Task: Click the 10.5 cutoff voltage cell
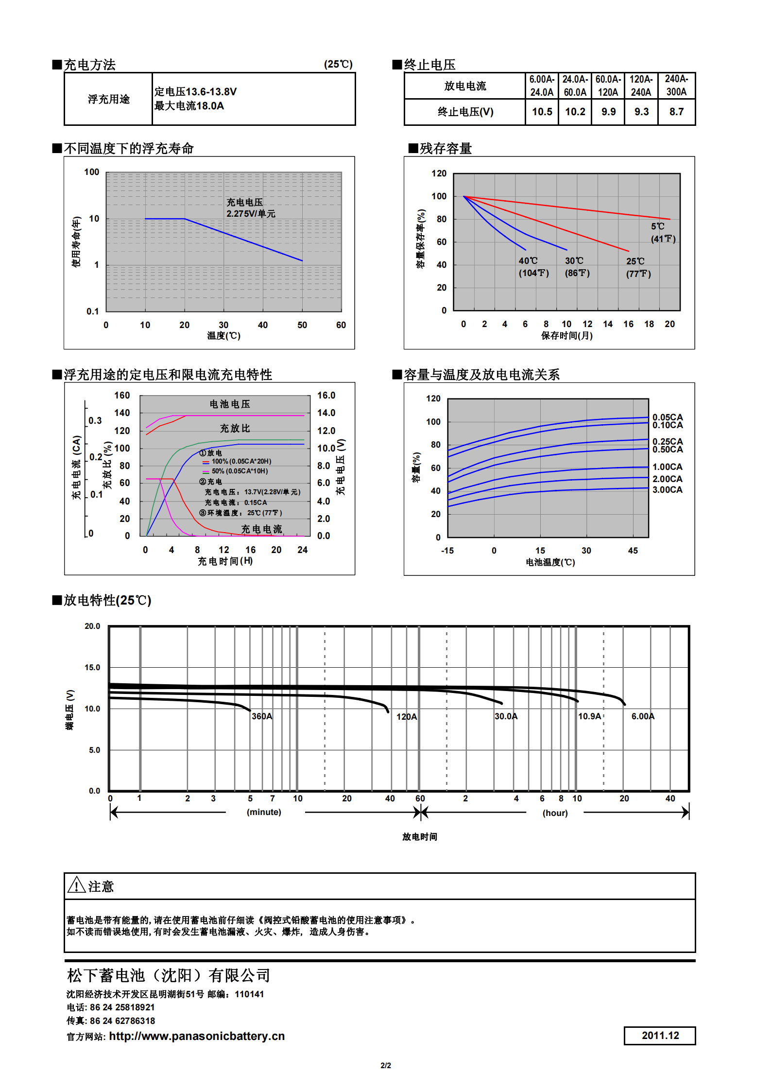(x=542, y=112)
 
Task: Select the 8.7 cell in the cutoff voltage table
(x=676, y=112)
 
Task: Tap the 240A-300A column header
(x=676, y=86)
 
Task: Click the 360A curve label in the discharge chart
(x=262, y=716)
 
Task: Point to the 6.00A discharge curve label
(x=643, y=716)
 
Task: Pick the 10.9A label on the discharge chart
(x=589, y=716)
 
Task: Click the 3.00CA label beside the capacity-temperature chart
(x=667, y=490)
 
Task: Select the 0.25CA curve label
(x=667, y=441)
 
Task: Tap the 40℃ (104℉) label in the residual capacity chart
(x=533, y=267)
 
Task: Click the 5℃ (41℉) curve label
(x=663, y=233)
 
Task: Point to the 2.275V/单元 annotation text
(x=251, y=214)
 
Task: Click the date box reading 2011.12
(x=660, y=1035)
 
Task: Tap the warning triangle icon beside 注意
(x=76, y=885)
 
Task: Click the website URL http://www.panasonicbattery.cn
(x=197, y=1036)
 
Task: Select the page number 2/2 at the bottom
(x=386, y=1065)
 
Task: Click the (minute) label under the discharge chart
(x=264, y=812)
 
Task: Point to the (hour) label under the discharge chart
(x=555, y=813)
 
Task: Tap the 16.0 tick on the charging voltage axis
(x=326, y=396)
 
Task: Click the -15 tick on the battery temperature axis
(x=447, y=551)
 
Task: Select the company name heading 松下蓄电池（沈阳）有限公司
(x=169, y=975)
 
